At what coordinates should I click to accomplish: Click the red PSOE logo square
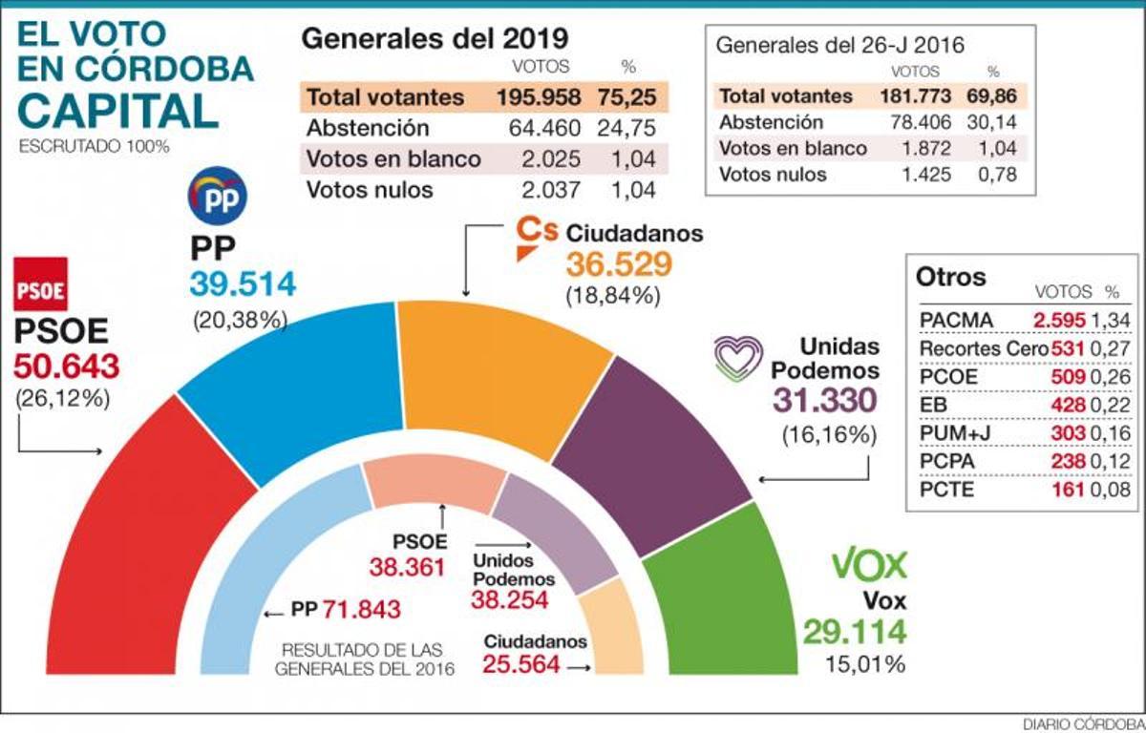point(40,283)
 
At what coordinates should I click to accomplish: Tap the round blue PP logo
point(217,195)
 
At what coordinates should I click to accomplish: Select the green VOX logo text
point(868,565)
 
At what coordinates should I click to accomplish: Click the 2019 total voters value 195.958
point(540,97)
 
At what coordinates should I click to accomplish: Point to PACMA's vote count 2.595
point(1058,319)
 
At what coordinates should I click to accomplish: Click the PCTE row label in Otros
point(944,491)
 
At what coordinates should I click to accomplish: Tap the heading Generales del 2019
point(435,38)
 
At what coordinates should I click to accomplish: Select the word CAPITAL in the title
point(117,111)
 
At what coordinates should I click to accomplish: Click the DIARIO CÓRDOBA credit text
point(1082,723)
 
